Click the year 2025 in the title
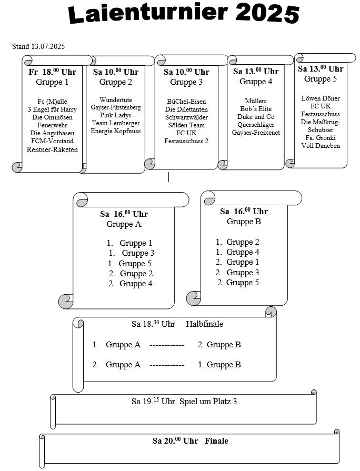pyautogui.click(x=267, y=14)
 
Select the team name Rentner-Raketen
pyautogui.click(x=52, y=149)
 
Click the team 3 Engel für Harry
pyautogui.click(x=52, y=109)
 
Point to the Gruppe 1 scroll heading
pyautogui.click(x=52, y=82)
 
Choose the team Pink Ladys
pyautogui.click(x=116, y=115)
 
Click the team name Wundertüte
pyautogui.click(x=116, y=100)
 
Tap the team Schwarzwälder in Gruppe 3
pyautogui.click(x=186, y=117)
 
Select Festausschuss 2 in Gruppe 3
pyautogui.click(x=186, y=141)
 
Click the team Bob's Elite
pyautogui.click(x=256, y=109)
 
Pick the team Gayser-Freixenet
pyautogui.click(x=256, y=133)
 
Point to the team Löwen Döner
pyautogui.click(x=321, y=98)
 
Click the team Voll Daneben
pyautogui.click(x=321, y=146)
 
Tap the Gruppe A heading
pyautogui.click(x=124, y=224)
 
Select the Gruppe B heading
pyautogui.click(x=244, y=222)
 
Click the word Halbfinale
pyautogui.click(x=204, y=324)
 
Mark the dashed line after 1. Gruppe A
pyautogui.click(x=167, y=345)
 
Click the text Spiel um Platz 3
pyautogui.click(x=208, y=402)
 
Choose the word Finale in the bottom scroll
pyautogui.click(x=216, y=441)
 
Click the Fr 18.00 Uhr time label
pyautogui.click(x=52, y=72)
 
